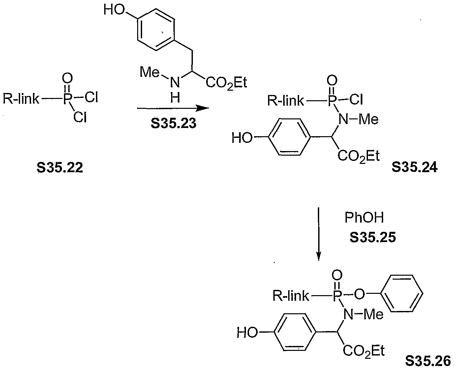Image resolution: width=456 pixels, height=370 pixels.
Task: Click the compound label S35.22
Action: [x=60, y=168]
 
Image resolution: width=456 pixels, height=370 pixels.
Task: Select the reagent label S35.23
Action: [x=173, y=123]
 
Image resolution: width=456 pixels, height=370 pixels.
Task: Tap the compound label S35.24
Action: [x=415, y=167]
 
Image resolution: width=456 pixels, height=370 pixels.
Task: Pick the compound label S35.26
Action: [x=428, y=361]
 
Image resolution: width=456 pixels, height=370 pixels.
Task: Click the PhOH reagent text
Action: [x=364, y=218]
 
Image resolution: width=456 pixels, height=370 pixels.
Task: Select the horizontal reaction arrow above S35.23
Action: [x=173, y=108]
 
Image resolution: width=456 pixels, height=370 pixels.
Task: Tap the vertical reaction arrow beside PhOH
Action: [x=319, y=234]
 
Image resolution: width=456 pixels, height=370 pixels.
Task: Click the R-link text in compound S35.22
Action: [x=21, y=99]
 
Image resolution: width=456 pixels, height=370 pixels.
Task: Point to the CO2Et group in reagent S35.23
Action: [x=226, y=83]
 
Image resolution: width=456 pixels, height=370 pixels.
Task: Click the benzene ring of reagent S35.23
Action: [x=156, y=30]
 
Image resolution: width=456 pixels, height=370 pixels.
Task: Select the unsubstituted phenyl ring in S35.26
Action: [x=403, y=293]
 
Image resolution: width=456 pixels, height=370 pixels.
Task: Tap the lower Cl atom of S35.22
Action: [x=80, y=117]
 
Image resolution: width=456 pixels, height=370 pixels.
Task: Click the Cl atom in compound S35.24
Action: [x=356, y=99]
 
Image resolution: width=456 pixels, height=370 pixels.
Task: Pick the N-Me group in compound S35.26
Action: [x=363, y=315]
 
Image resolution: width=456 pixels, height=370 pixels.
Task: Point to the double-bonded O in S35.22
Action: [x=67, y=78]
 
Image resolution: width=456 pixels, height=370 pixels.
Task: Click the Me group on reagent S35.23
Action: [x=150, y=72]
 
